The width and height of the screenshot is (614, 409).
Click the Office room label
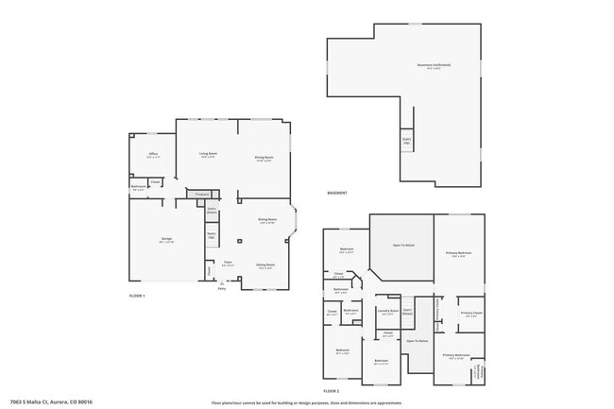point(153,154)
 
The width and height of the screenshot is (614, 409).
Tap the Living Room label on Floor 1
point(209,154)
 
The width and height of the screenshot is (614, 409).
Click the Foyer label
point(228,264)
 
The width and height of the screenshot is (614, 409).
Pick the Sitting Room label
point(265,265)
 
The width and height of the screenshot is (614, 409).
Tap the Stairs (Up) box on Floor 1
point(212,236)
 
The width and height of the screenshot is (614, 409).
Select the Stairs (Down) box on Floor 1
point(212,211)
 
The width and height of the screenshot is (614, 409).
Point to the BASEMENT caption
point(337,193)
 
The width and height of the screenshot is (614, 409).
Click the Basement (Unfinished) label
point(434,65)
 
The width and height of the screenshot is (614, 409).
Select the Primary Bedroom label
point(458,253)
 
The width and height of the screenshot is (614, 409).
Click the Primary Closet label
point(472,314)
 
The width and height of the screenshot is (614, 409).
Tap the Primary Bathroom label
point(456,355)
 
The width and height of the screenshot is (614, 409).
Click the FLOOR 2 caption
point(332,390)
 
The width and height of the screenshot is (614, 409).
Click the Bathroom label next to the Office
point(139,187)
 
